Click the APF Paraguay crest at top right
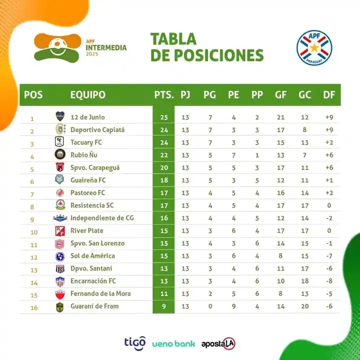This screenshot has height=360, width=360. click(314, 48)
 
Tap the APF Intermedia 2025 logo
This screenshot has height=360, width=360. click(80, 48)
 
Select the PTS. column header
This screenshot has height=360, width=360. click(164, 94)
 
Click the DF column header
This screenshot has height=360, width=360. click(329, 94)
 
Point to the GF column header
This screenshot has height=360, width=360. click(280, 94)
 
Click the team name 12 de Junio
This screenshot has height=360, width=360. click(87, 117)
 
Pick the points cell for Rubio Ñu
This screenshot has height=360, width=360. click(164, 155)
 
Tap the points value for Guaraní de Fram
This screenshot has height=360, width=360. click(164, 306)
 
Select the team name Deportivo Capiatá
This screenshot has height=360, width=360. click(97, 130)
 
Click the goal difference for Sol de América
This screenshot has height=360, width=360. click(328, 256)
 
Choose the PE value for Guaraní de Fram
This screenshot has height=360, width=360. click(233, 306)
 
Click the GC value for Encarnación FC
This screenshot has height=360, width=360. click(304, 281)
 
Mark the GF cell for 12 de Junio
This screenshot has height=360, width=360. click(280, 117)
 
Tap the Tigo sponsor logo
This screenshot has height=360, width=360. click(135, 342)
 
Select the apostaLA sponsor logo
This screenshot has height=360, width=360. click(218, 343)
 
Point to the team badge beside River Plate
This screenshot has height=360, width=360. click(60, 231)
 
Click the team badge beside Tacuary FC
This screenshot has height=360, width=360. click(60, 142)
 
